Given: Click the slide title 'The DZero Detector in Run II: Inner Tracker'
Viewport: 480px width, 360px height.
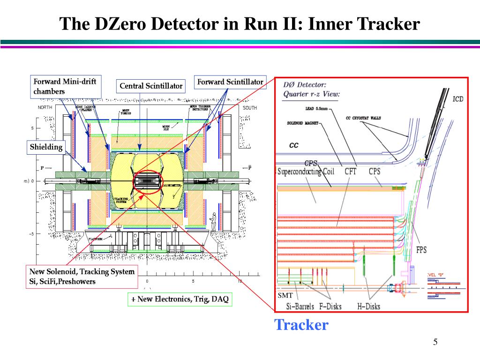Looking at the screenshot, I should pyautogui.click(x=240, y=24).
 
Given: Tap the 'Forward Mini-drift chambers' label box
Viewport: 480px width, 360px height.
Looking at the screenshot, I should pyautogui.click(x=65, y=87).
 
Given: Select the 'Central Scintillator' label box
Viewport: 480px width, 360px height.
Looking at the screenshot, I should pyautogui.click(x=150, y=86).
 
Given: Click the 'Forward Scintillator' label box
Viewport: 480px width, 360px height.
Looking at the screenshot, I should pyautogui.click(x=230, y=82).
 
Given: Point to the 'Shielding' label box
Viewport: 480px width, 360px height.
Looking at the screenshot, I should pyautogui.click(x=46, y=147).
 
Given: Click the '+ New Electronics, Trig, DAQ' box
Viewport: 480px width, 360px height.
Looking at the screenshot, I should pyautogui.click(x=180, y=299).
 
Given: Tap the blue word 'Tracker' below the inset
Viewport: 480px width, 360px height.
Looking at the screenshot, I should pyautogui.click(x=301, y=324).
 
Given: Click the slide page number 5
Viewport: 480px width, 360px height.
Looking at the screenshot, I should pyautogui.click(x=435, y=342).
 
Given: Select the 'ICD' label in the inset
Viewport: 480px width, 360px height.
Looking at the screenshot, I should pyautogui.click(x=458, y=99).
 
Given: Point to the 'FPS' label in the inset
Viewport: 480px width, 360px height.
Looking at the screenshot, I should pyautogui.click(x=421, y=250).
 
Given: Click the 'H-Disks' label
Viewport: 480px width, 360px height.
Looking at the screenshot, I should pyautogui.click(x=367, y=307).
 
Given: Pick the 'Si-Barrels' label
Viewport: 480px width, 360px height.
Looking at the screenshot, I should pyautogui.click(x=300, y=307).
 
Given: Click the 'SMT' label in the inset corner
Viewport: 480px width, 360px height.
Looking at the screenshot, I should pyautogui.click(x=285, y=295).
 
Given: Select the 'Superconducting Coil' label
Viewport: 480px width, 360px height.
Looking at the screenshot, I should pyautogui.click(x=306, y=172).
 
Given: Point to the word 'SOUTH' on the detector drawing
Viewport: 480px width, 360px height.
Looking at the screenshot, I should pyautogui.click(x=250, y=108).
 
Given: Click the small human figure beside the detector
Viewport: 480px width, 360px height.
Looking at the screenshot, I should pyautogui.click(x=214, y=221).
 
